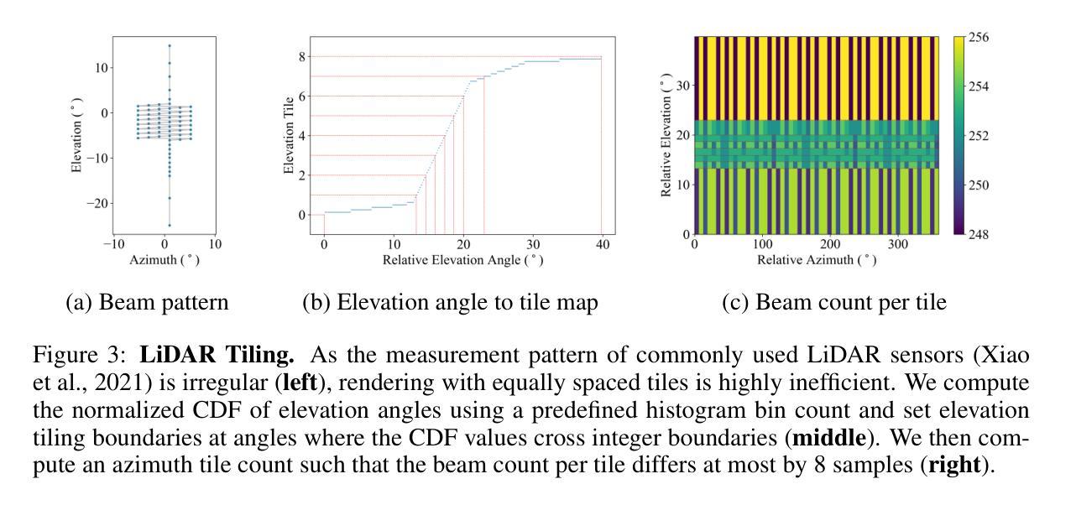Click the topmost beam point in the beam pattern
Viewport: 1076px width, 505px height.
pos(169,46)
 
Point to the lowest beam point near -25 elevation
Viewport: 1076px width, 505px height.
pos(169,225)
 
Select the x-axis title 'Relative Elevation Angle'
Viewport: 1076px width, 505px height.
pos(462,260)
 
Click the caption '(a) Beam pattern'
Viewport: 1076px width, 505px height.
pos(147,303)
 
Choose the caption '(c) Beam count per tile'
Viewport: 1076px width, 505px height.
pos(834,303)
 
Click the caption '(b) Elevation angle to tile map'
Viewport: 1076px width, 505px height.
pos(451,303)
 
